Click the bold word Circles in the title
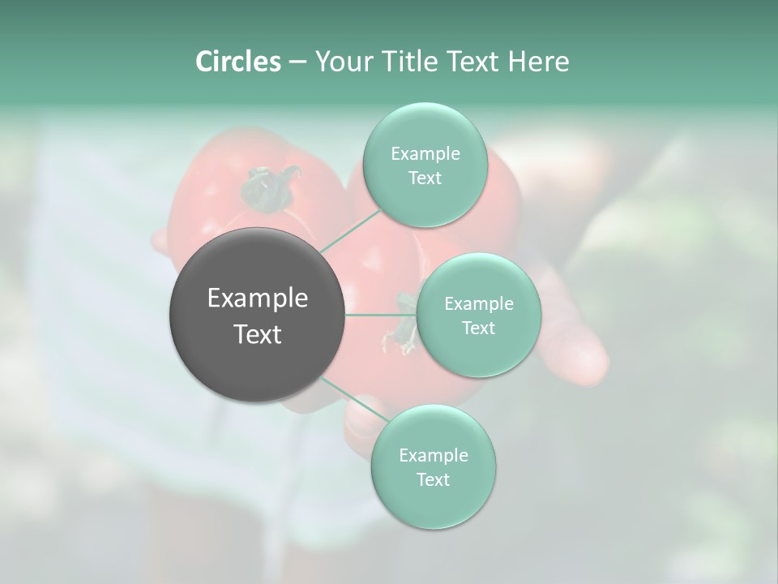click(237, 62)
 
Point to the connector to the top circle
click(351, 231)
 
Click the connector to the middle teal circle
click(381, 315)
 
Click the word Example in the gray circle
click(257, 298)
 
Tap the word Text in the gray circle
click(257, 334)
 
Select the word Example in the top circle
click(425, 154)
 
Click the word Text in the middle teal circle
click(478, 328)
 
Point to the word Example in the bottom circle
click(433, 455)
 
